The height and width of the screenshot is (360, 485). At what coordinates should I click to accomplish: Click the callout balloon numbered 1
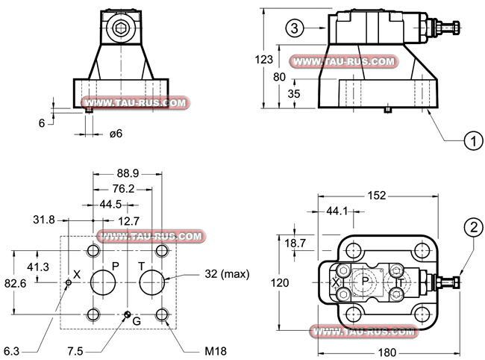click(x=471, y=139)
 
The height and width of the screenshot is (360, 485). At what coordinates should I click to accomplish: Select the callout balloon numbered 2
click(x=471, y=226)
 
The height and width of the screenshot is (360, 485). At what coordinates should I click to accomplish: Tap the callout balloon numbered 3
click(x=295, y=28)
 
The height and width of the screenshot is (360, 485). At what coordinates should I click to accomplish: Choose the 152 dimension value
click(x=378, y=196)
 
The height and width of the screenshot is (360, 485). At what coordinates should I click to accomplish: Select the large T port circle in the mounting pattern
click(x=153, y=283)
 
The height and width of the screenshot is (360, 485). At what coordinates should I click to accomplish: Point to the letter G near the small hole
click(x=137, y=321)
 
